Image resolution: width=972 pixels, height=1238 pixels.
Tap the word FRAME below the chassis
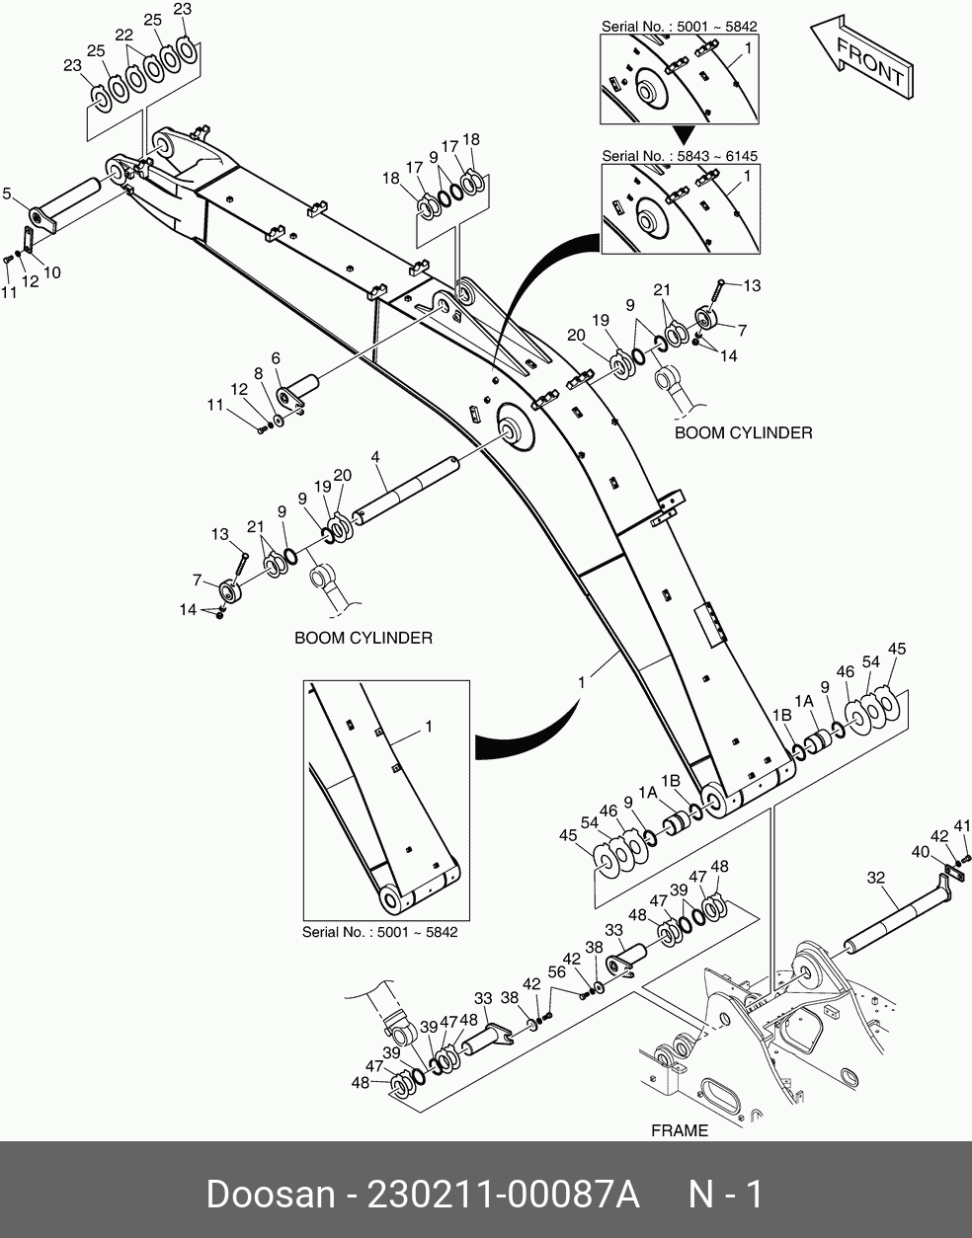click(x=680, y=1130)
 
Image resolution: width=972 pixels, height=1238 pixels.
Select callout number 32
click(x=875, y=878)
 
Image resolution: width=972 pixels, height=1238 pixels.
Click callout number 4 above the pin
click(x=376, y=457)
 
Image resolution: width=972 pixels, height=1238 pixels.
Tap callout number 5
click(x=8, y=194)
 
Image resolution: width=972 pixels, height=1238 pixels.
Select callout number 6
click(x=276, y=358)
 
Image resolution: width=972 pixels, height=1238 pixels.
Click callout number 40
click(x=920, y=851)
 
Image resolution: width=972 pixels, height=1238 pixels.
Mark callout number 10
click(x=51, y=272)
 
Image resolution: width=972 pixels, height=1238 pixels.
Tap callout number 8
click(x=258, y=374)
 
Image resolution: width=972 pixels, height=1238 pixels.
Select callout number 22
click(x=123, y=35)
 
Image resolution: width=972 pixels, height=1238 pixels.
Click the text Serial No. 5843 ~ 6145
click(x=680, y=156)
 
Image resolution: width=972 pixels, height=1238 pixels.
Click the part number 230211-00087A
click(x=504, y=1195)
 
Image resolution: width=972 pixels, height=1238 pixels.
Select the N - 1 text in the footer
click(x=725, y=1195)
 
